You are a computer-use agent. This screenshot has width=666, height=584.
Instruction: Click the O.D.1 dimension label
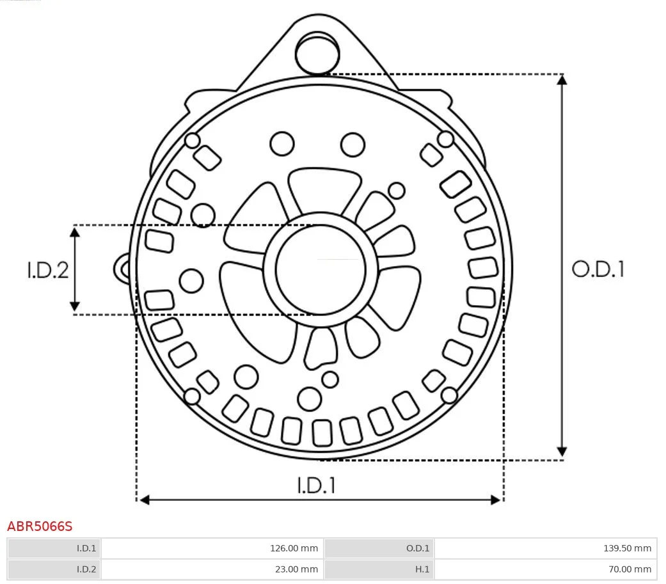598,269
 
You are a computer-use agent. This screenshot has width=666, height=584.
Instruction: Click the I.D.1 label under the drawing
316,485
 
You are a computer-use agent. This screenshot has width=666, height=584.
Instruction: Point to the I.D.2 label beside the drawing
47,270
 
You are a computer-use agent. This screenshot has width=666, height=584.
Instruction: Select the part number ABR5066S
40,526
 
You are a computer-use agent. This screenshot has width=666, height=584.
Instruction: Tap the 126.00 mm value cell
212,548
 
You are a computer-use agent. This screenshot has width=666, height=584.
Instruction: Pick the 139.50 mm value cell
545,548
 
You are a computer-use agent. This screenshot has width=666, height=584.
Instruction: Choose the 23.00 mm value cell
212,569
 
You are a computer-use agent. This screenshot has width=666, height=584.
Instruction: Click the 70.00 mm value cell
545,569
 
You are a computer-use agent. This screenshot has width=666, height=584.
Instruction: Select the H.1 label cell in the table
379,569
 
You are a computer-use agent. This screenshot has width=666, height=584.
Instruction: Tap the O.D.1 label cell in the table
379,548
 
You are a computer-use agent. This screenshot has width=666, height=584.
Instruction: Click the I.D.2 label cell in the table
54,569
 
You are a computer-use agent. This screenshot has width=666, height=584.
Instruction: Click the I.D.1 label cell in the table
54,548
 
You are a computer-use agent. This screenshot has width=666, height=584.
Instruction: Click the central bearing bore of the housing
320,269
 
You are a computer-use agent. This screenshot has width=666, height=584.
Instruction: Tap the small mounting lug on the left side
122,268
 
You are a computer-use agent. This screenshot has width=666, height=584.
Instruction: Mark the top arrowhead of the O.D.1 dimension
562,79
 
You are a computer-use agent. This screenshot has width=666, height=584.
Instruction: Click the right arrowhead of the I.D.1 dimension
496,500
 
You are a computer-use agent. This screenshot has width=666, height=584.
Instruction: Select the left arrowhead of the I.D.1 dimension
144,500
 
